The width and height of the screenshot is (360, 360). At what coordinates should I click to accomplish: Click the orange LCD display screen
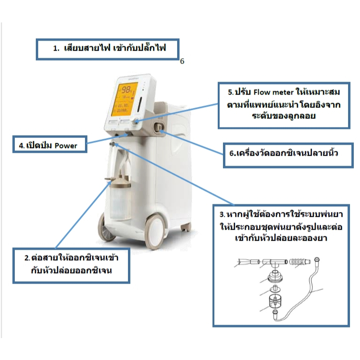pos(124,99)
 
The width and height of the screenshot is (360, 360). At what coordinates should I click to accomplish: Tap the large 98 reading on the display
pos(126,89)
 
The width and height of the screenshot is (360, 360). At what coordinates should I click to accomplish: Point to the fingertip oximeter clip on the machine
pos(158,127)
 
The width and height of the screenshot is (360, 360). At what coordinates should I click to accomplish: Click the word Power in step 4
pos(66,146)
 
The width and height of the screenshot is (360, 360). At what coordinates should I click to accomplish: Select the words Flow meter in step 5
pos(274,92)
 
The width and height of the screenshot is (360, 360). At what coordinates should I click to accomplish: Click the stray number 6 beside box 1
pos(182,61)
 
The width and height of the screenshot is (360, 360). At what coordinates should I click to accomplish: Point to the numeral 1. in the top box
pos(56,48)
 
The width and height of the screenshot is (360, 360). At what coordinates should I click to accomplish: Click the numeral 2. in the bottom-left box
pos(27,258)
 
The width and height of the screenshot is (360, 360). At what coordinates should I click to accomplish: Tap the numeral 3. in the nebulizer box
pos(222,214)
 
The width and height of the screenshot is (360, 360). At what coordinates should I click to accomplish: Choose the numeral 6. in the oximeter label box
pos(233,153)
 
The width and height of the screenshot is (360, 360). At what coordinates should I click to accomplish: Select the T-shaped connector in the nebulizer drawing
pos(275,263)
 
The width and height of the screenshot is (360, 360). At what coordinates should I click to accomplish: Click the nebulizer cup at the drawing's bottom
pos(275,301)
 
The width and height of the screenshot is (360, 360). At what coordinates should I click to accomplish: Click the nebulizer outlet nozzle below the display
pos(112,144)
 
